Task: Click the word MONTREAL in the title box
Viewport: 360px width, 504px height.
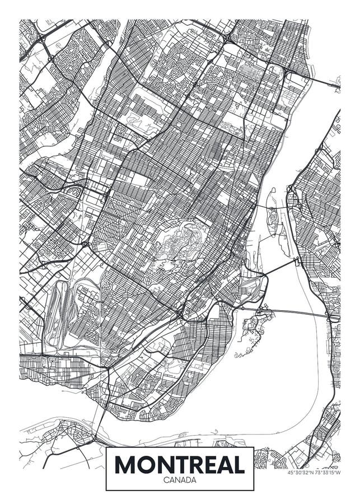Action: point(180,465)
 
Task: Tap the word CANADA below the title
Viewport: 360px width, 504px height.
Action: point(180,480)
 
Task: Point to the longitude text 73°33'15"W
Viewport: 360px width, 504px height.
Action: point(328,472)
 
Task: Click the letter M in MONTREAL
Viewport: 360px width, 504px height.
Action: point(127,465)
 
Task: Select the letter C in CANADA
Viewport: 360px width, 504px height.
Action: point(166,480)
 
